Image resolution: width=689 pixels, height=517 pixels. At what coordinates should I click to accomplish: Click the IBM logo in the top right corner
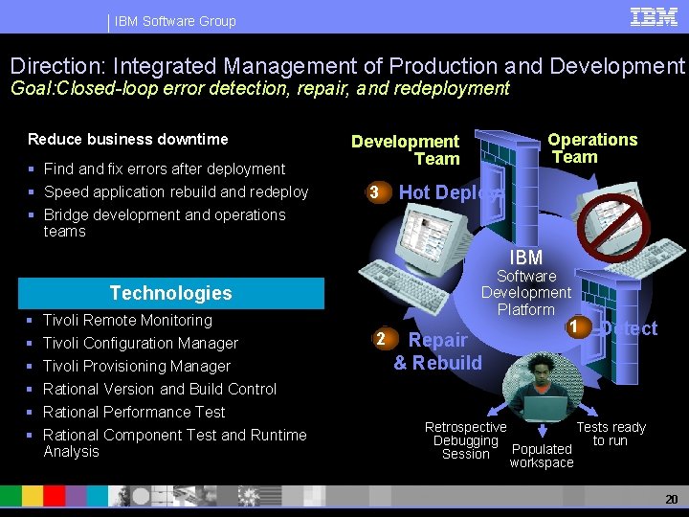(654, 16)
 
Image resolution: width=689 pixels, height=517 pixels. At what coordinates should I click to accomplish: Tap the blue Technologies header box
(170, 293)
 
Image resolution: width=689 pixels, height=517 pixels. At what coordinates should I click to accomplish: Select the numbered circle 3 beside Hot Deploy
(376, 192)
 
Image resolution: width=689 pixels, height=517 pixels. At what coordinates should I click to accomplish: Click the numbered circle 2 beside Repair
(381, 339)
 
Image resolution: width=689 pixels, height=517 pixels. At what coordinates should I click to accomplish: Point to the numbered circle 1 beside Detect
(573, 326)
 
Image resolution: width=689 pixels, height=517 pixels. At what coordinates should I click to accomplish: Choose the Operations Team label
(591, 148)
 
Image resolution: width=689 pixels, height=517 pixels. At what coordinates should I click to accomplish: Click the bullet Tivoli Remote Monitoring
(127, 320)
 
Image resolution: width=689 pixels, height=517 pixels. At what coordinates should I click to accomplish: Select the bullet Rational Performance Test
(134, 412)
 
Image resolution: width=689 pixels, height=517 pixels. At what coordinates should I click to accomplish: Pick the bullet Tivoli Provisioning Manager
(137, 366)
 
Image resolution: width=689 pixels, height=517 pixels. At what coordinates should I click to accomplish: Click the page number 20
(670, 500)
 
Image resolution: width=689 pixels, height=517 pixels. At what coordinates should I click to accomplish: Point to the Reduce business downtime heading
(128, 139)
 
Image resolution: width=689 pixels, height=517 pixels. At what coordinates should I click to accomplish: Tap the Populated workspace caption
(542, 456)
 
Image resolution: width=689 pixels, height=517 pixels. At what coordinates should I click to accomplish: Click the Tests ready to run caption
(611, 434)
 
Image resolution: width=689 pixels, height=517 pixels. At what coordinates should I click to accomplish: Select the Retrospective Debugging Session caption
(466, 440)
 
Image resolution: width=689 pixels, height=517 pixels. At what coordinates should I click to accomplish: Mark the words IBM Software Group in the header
(175, 21)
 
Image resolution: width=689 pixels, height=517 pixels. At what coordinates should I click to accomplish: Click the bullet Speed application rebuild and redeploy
(176, 191)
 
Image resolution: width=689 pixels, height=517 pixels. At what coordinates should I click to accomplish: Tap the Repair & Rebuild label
(437, 351)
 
